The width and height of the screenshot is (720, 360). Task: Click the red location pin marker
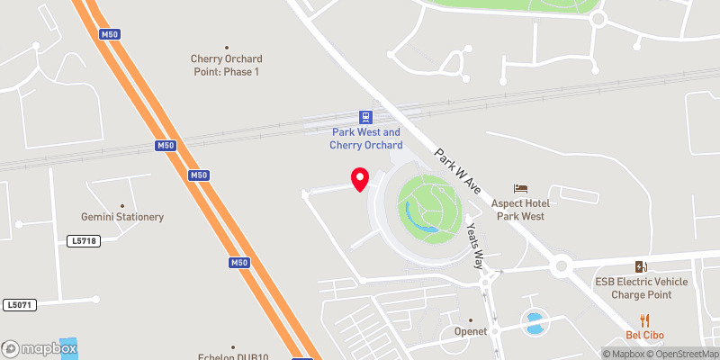coord(360,178)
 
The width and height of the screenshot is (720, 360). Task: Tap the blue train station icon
coord(365,117)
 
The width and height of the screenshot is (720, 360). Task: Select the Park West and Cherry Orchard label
coord(365,139)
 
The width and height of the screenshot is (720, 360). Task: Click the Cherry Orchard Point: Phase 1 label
coord(226,65)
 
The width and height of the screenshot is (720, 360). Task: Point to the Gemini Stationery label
coord(122,217)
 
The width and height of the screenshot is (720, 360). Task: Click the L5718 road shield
coord(82,241)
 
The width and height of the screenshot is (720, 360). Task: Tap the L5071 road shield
coord(18,305)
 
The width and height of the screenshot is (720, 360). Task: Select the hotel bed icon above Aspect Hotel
coord(521,188)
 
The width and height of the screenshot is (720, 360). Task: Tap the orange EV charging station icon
coord(641,266)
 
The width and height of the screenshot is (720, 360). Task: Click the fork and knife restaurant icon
coord(644,319)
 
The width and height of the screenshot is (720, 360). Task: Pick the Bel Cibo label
coord(644,335)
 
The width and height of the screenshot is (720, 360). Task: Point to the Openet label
coord(470,331)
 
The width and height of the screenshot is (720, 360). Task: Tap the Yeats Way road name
coord(473,245)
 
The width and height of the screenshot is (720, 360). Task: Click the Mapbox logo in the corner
coord(40,347)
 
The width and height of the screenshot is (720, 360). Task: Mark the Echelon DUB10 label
coord(232,355)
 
